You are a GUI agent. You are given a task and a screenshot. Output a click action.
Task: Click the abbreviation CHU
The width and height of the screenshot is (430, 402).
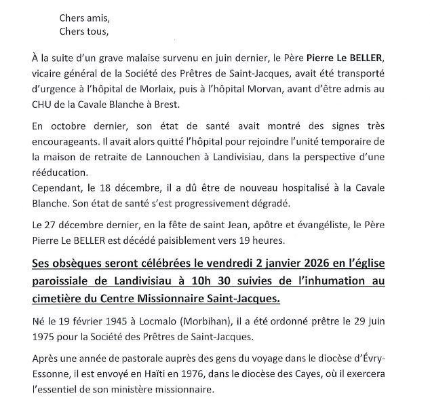click(43, 105)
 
